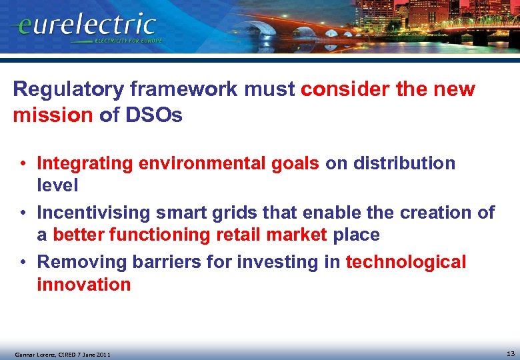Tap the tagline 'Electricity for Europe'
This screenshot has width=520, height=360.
(128, 41)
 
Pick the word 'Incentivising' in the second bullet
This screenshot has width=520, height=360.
(93, 213)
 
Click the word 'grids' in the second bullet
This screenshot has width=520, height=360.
(227, 213)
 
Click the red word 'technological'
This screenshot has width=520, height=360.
(406, 263)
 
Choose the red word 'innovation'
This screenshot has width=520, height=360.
(84, 285)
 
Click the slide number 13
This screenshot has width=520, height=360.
(510, 353)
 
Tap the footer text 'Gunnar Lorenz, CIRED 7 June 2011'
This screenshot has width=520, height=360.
(63, 354)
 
